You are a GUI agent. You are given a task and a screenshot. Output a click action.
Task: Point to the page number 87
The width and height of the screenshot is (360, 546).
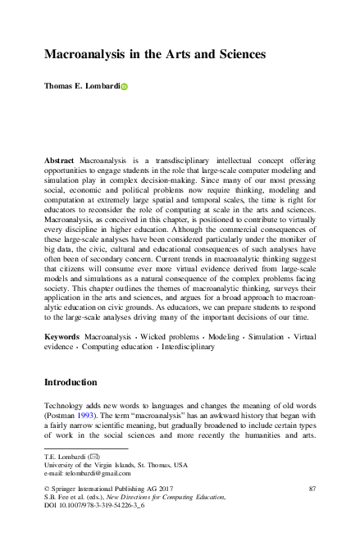point(312,489)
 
